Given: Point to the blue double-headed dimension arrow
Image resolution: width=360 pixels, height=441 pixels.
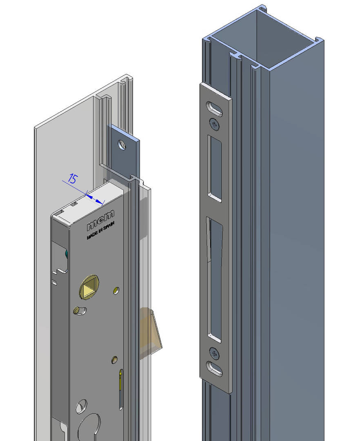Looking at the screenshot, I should coord(94,198).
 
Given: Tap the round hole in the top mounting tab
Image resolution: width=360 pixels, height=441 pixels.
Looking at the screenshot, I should coord(122,145).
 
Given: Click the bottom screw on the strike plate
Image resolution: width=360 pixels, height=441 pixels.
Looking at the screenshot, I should coord(214,352).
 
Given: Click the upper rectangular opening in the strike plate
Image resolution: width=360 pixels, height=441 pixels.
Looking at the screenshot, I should coord(215,168).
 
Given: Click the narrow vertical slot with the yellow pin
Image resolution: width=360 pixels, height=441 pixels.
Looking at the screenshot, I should coord(121,390).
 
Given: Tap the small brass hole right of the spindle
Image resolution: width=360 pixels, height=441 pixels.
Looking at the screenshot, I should coord(116,290).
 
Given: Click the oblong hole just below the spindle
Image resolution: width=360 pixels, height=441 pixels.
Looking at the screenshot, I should coord(80,311).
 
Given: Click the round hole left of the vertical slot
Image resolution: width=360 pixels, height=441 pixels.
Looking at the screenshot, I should coord(81,406).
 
